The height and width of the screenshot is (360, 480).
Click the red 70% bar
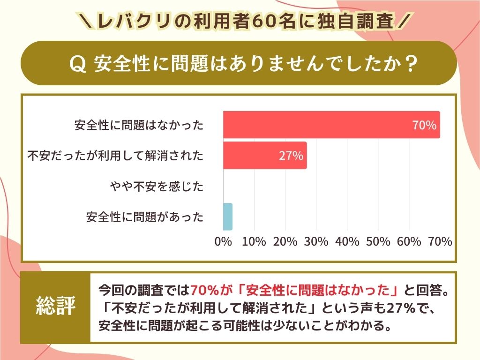click(328, 125)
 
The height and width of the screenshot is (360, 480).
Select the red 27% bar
click(262, 156)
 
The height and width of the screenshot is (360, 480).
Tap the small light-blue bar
click(227, 217)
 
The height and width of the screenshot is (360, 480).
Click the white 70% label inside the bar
click(424, 125)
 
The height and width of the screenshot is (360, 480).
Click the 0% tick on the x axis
click(223, 242)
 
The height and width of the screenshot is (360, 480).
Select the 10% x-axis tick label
click(254, 242)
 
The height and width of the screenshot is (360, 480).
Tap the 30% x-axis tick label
click(316, 242)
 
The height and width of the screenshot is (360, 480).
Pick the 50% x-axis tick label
click(378, 242)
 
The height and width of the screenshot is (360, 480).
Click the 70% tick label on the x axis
click(440, 242)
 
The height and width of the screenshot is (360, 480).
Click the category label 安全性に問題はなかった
click(139, 125)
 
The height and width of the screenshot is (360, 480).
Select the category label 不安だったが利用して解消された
click(115, 156)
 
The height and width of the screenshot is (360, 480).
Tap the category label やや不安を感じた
click(157, 187)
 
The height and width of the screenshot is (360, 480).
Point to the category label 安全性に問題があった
click(145, 217)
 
